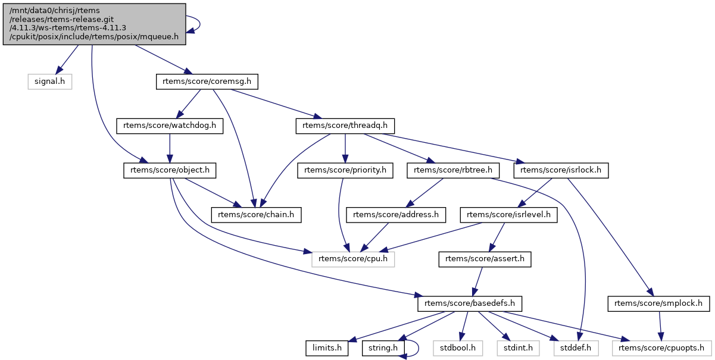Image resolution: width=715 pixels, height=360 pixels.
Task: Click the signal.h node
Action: click(49, 81)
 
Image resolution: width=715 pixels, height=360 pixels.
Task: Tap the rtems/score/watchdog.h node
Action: click(169, 126)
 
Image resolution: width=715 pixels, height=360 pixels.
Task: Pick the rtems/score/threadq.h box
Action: click(345, 126)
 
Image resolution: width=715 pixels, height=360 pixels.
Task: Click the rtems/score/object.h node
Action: click(169, 170)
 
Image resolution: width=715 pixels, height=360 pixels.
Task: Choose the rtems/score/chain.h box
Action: click(257, 214)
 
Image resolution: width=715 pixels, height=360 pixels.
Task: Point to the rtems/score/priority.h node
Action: click(345, 170)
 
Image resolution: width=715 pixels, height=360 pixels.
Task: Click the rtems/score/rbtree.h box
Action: click(452, 170)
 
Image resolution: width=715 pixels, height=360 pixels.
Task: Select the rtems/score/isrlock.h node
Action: click(560, 170)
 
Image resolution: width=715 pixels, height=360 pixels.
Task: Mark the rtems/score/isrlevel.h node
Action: click(508, 214)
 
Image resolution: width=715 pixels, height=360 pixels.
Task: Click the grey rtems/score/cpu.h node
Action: click(354, 259)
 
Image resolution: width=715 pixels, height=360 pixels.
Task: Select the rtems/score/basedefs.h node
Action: click(470, 303)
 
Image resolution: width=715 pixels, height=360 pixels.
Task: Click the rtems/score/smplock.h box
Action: click(658, 303)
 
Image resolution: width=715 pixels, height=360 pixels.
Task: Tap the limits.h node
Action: click(327, 348)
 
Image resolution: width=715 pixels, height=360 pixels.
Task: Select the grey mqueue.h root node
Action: click(94, 23)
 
